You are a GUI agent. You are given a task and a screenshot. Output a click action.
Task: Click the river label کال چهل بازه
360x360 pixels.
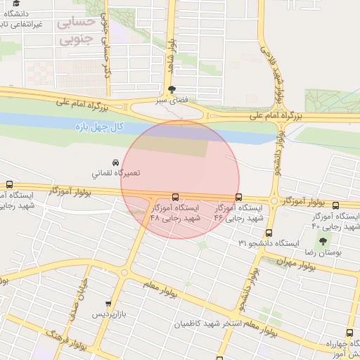pos(98,127)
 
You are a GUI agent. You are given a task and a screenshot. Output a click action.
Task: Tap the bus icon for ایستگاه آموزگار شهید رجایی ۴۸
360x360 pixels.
pos(175,198)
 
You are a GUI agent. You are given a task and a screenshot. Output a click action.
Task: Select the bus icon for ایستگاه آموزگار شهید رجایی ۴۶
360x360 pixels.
pos(238,198)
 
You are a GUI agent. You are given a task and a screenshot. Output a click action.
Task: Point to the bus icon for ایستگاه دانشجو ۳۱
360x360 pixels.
pos(269,233)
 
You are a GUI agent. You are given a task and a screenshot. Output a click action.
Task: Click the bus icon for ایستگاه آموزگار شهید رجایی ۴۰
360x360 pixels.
pos(335,206)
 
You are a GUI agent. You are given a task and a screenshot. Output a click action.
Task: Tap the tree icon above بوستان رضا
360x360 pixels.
pos(323,241)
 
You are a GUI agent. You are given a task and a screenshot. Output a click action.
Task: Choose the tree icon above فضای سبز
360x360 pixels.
pos(172,89)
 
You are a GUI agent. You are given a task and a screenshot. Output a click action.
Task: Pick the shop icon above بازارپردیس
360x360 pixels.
pos(108,304)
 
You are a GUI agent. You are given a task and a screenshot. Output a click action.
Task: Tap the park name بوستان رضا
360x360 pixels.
pos(323,251)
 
